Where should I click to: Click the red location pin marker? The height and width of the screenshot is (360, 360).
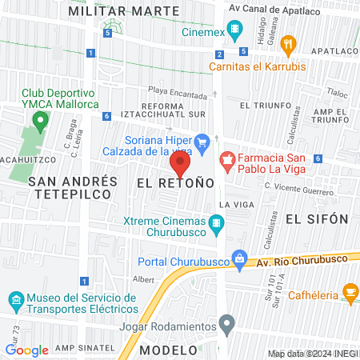[x=179, y=164]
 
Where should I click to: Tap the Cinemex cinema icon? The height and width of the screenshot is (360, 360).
[x=235, y=33]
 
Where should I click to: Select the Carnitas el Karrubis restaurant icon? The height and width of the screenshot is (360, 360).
[x=290, y=44]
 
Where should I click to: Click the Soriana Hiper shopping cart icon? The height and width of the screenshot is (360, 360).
[x=203, y=143]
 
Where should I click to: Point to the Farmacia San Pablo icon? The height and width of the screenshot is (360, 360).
[x=226, y=158]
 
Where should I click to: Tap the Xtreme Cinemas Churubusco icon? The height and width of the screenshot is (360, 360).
[x=215, y=222]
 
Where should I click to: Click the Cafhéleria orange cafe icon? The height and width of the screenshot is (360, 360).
[x=349, y=290]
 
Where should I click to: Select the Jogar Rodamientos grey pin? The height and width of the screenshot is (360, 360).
[x=227, y=326]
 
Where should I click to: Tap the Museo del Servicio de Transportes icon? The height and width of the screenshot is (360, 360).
[x=14, y=301]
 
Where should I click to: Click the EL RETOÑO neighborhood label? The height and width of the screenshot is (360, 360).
[x=175, y=183]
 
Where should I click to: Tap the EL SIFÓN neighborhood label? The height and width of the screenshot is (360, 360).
[x=318, y=218]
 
